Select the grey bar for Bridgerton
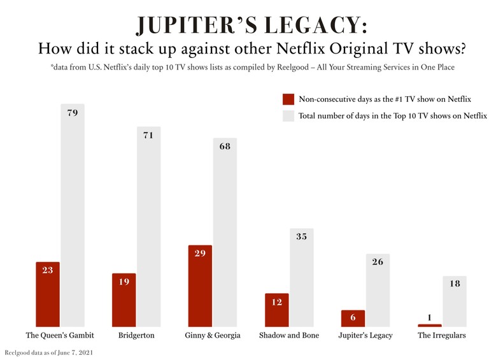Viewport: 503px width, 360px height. click(148, 226)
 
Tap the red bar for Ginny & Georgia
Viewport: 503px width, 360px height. click(200, 286)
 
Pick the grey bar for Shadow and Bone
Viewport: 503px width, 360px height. click(302, 277)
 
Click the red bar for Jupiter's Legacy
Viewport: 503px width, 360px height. click(352, 319)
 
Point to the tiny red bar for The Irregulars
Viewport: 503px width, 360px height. click(429, 325)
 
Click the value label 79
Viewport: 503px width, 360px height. click(73, 113)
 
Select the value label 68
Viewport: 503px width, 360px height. click(225, 147)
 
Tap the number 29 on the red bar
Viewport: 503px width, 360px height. click(200, 254)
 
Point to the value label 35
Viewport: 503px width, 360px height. click(302, 236)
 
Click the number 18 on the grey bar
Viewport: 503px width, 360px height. click(454, 284)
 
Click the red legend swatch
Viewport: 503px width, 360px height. click(288, 99)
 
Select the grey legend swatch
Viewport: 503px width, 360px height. click(288, 115)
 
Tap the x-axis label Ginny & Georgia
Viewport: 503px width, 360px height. click(212, 336)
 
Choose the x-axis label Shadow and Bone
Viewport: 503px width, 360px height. click(288, 336)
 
